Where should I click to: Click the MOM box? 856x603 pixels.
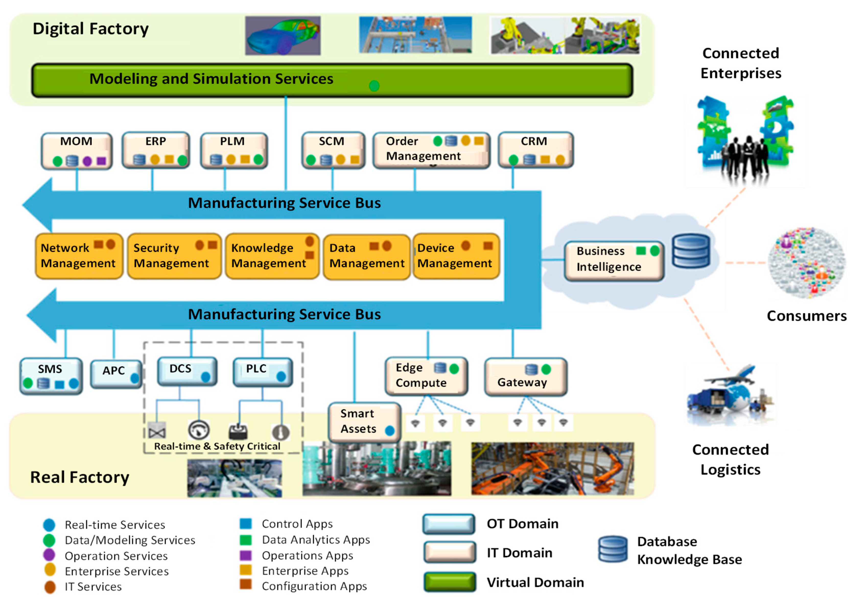(x=76, y=151)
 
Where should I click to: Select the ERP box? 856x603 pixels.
(x=156, y=150)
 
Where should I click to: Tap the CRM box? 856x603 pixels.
(x=536, y=150)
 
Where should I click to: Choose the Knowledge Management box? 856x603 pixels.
(x=272, y=256)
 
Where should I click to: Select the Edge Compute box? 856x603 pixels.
(x=426, y=376)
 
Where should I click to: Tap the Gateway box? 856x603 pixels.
(x=526, y=377)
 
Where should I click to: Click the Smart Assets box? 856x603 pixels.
(x=365, y=422)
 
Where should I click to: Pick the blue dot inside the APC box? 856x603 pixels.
(x=135, y=378)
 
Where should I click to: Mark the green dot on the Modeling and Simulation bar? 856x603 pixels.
(x=374, y=86)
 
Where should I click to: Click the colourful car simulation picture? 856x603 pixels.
(x=283, y=36)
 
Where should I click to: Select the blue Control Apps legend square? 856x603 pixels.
(x=246, y=524)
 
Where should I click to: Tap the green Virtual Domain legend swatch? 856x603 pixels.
(x=450, y=582)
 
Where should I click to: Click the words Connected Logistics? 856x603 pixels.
(x=730, y=459)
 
